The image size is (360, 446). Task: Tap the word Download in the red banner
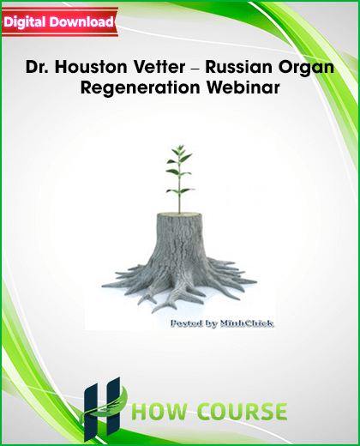(x=82, y=21)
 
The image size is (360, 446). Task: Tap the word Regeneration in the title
(x=140, y=88)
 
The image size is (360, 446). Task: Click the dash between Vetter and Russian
(x=195, y=69)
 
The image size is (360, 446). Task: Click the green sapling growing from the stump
(x=180, y=178)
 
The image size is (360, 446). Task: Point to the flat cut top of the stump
(x=179, y=214)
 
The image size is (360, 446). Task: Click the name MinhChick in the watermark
(x=247, y=323)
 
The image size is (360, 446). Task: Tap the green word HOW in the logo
(x=160, y=412)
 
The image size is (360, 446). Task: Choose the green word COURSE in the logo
(x=243, y=412)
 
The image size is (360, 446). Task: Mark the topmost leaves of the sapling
(x=180, y=150)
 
